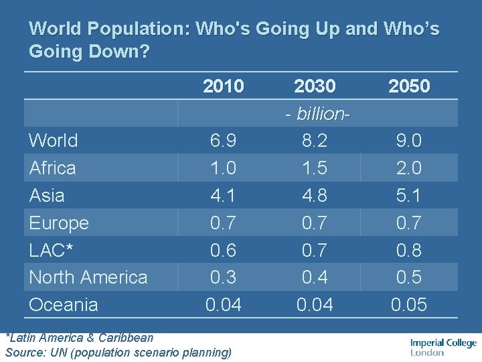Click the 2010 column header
click(x=224, y=86)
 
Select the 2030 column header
click(x=315, y=86)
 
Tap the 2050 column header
click(x=409, y=86)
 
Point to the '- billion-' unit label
click(x=315, y=113)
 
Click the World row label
click(x=54, y=141)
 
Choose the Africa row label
click(x=53, y=168)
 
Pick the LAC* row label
click(x=52, y=250)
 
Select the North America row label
click(x=88, y=277)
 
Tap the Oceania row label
click(x=64, y=305)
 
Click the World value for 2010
click(x=223, y=141)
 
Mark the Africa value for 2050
click(x=409, y=168)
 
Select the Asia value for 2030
click(x=315, y=195)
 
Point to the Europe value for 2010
click(x=223, y=223)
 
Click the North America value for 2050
click(x=409, y=277)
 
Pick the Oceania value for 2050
click(x=409, y=305)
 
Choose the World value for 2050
click(x=409, y=141)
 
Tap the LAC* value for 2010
click(x=223, y=250)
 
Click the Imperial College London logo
click(x=443, y=347)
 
